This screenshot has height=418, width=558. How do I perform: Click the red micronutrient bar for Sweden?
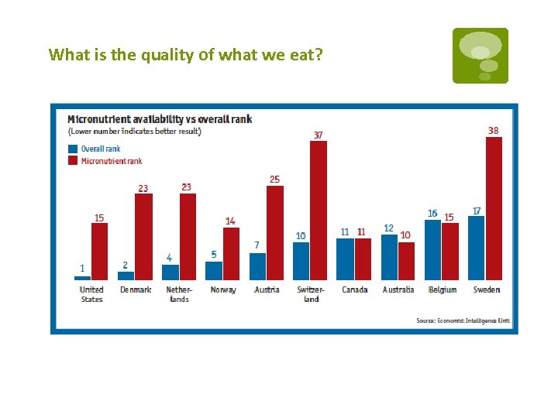pyautogui.click(x=494, y=208)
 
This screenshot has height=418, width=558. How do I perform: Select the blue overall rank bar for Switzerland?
pyautogui.click(x=301, y=261)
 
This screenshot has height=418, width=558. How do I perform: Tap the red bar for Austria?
pyautogui.click(x=275, y=232)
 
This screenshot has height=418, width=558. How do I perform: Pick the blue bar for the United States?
pyautogui.click(x=82, y=277)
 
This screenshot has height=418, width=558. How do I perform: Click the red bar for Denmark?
pyautogui.click(x=143, y=236)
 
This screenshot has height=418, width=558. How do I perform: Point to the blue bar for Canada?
pyautogui.click(x=345, y=259)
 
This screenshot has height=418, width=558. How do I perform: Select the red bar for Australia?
pyautogui.click(x=406, y=261)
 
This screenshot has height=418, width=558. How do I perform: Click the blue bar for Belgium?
pyautogui.click(x=432, y=250)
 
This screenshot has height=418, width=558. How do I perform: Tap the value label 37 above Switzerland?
pyautogui.click(x=318, y=135)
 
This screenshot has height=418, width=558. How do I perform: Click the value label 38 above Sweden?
pyautogui.click(x=494, y=130)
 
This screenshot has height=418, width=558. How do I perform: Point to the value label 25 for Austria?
pyautogui.click(x=274, y=180)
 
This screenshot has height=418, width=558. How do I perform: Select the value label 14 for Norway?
pyautogui.click(x=230, y=221)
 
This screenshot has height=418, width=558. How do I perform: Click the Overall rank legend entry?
pyautogui.click(x=95, y=149)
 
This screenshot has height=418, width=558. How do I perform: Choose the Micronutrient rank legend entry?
pyautogui.click(x=105, y=161)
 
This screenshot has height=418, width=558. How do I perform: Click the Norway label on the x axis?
pyautogui.click(x=223, y=290)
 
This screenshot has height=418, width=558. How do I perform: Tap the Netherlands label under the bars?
pyautogui.click(x=179, y=294)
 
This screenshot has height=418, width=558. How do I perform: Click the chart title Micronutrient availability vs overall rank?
pyautogui.click(x=159, y=119)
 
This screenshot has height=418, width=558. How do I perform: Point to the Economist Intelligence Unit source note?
pyautogui.click(x=463, y=320)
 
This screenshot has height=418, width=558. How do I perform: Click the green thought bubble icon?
pyautogui.click(x=480, y=55)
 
